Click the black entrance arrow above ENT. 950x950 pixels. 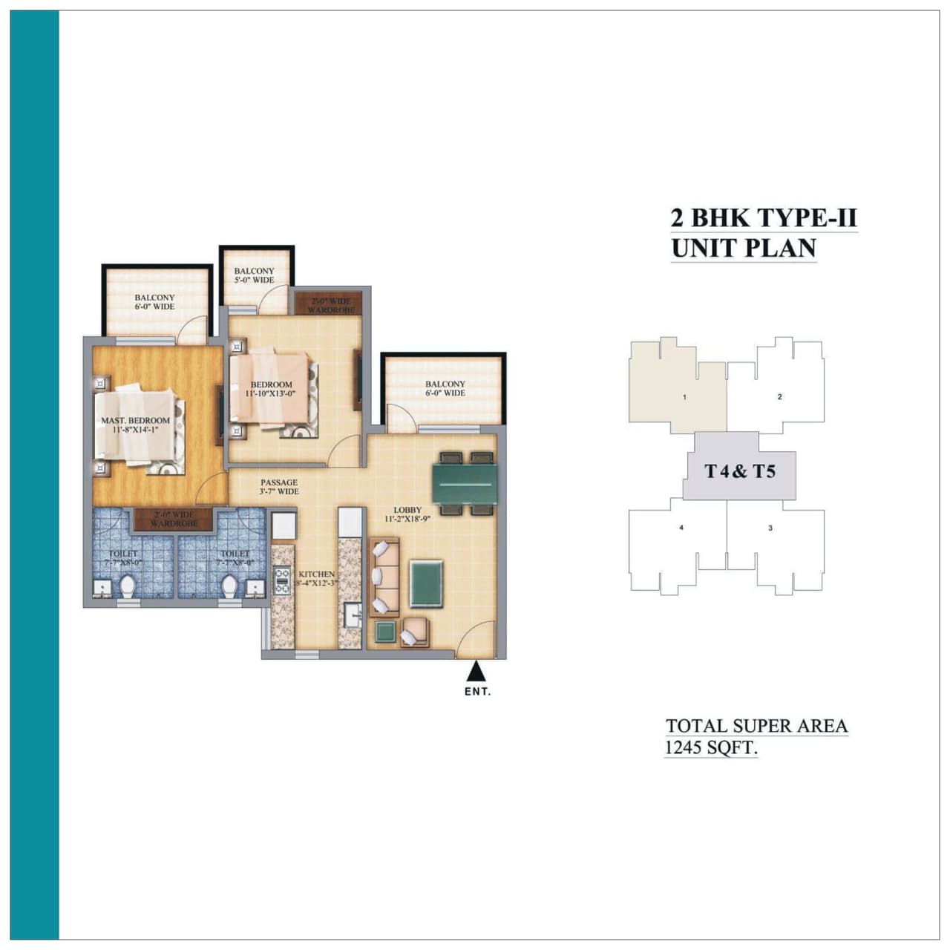click(476, 672)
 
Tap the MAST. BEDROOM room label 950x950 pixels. click(135, 421)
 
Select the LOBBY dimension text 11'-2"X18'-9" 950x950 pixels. click(407, 520)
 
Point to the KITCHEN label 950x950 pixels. click(316, 574)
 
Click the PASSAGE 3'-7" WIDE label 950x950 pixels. click(279, 487)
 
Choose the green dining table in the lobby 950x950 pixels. click(465, 484)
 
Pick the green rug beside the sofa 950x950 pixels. click(427, 584)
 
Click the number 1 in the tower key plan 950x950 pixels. click(684, 397)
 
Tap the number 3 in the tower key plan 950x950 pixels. click(770, 528)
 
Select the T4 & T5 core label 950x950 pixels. click(740, 471)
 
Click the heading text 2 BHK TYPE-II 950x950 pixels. click(764, 218)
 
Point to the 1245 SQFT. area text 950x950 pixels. click(710, 747)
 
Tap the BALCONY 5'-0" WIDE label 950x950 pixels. click(254, 276)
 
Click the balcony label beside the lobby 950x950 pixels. click(445, 388)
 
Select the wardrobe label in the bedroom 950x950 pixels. click(330, 305)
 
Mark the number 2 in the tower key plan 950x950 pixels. click(779, 397)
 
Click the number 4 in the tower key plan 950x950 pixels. click(681, 528)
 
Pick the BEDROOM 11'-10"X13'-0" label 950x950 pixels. click(271, 389)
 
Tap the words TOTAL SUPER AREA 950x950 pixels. click(756, 726)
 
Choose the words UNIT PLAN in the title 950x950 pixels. click(744, 248)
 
